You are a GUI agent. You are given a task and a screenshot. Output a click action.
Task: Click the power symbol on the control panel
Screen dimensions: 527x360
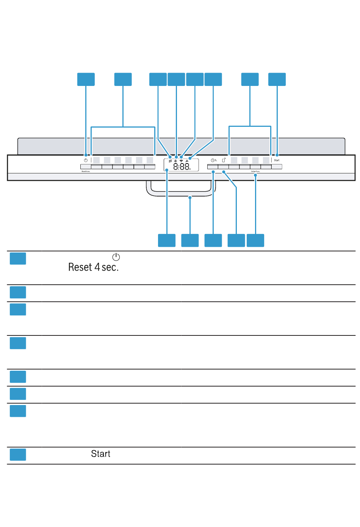[x=86, y=160]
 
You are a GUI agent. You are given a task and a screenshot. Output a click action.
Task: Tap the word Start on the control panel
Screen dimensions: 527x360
[x=277, y=160]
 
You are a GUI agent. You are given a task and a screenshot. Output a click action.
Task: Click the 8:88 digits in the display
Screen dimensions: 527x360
[x=182, y=166]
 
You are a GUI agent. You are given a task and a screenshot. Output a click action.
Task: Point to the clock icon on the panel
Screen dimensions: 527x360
[x=213, y=160]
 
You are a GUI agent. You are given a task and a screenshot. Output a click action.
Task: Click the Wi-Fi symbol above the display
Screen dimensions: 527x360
[x=181, y=161]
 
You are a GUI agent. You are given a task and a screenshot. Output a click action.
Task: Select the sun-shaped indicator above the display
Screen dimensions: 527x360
[x=175, y=161]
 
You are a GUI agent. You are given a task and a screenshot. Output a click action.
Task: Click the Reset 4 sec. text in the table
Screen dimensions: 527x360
[x=93, y=267]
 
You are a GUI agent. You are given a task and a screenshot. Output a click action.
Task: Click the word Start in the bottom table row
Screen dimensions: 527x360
[x=100, y=454]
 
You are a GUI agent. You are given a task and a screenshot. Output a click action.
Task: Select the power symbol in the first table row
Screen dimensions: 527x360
[x=116, y=257]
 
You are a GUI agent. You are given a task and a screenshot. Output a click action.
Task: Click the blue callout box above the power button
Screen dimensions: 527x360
[x=86, y=80]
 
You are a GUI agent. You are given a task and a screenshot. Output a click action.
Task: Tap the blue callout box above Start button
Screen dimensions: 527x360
[x=277, y=80]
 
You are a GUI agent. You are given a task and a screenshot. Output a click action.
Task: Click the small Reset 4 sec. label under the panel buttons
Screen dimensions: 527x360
[x=85, y=172]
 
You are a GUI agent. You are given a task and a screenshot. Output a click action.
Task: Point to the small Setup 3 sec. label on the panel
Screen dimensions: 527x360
[x=255, y=172]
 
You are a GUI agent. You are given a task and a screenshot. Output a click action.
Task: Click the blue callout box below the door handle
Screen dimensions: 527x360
[x=190, y=240]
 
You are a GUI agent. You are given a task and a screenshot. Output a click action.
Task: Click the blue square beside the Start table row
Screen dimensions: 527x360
[x=18, y=454]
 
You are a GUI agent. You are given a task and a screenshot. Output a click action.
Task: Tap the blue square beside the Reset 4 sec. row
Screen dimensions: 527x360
[x=18, y=259]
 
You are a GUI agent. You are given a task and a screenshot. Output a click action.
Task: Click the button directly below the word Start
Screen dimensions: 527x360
[x=277, y=167]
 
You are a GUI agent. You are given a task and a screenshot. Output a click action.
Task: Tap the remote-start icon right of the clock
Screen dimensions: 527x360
[x=224, y=160]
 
